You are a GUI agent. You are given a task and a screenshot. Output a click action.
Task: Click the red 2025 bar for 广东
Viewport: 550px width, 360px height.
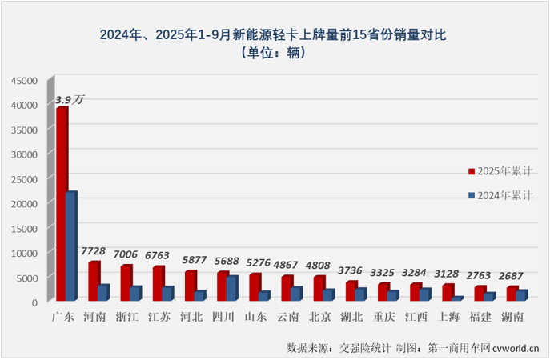point(61,204)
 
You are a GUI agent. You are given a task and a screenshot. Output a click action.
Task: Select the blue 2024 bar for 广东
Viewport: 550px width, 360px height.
point(71,246)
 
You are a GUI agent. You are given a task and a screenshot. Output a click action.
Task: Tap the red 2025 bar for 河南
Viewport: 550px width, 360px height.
point(93,281)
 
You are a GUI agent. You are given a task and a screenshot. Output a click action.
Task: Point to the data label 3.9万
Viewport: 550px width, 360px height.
point(70,99)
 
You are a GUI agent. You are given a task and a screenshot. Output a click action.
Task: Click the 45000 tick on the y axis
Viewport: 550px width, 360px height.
point(25,80)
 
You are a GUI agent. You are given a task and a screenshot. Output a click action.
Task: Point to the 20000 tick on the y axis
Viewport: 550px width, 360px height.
point(25,203)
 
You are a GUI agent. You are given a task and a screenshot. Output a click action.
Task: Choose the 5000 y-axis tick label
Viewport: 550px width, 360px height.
point(27,278)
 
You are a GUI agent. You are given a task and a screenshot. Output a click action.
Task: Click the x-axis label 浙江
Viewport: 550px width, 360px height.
point(127,317)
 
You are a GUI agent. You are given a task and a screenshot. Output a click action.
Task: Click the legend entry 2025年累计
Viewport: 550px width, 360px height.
point(504,171)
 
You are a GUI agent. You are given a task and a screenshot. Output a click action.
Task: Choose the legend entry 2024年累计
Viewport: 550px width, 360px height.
point(504,195)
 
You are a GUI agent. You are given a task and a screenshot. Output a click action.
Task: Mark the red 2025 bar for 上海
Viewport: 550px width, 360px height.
point(447,291)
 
